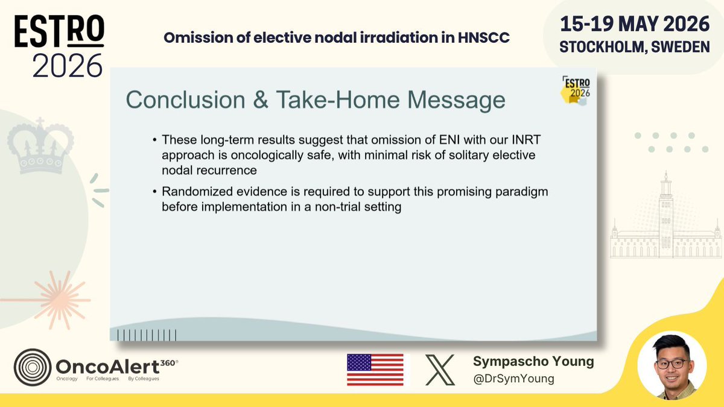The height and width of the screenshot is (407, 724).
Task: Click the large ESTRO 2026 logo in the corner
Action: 59,46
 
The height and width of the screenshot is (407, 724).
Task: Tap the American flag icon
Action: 375,370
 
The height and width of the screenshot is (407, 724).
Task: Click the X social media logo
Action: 440,370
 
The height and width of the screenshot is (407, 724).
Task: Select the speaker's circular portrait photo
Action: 672,366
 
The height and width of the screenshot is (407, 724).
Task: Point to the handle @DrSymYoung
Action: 513,378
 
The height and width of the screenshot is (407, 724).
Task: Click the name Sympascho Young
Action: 533,361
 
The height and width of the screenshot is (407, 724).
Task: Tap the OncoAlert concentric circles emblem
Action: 33,367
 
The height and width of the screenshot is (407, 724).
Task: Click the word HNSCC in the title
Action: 483,38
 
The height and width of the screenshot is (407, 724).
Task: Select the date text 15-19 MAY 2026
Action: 635,24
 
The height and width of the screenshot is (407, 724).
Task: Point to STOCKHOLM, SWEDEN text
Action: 635,47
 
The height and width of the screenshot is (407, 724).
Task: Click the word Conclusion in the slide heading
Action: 186,99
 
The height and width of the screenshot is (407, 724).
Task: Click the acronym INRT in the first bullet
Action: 526,139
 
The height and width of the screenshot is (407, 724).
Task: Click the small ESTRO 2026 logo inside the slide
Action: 576,90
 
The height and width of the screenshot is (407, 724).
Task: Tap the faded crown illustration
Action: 40,145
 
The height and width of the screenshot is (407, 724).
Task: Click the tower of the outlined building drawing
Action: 666,213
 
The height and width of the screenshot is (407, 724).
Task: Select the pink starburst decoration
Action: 60,300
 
